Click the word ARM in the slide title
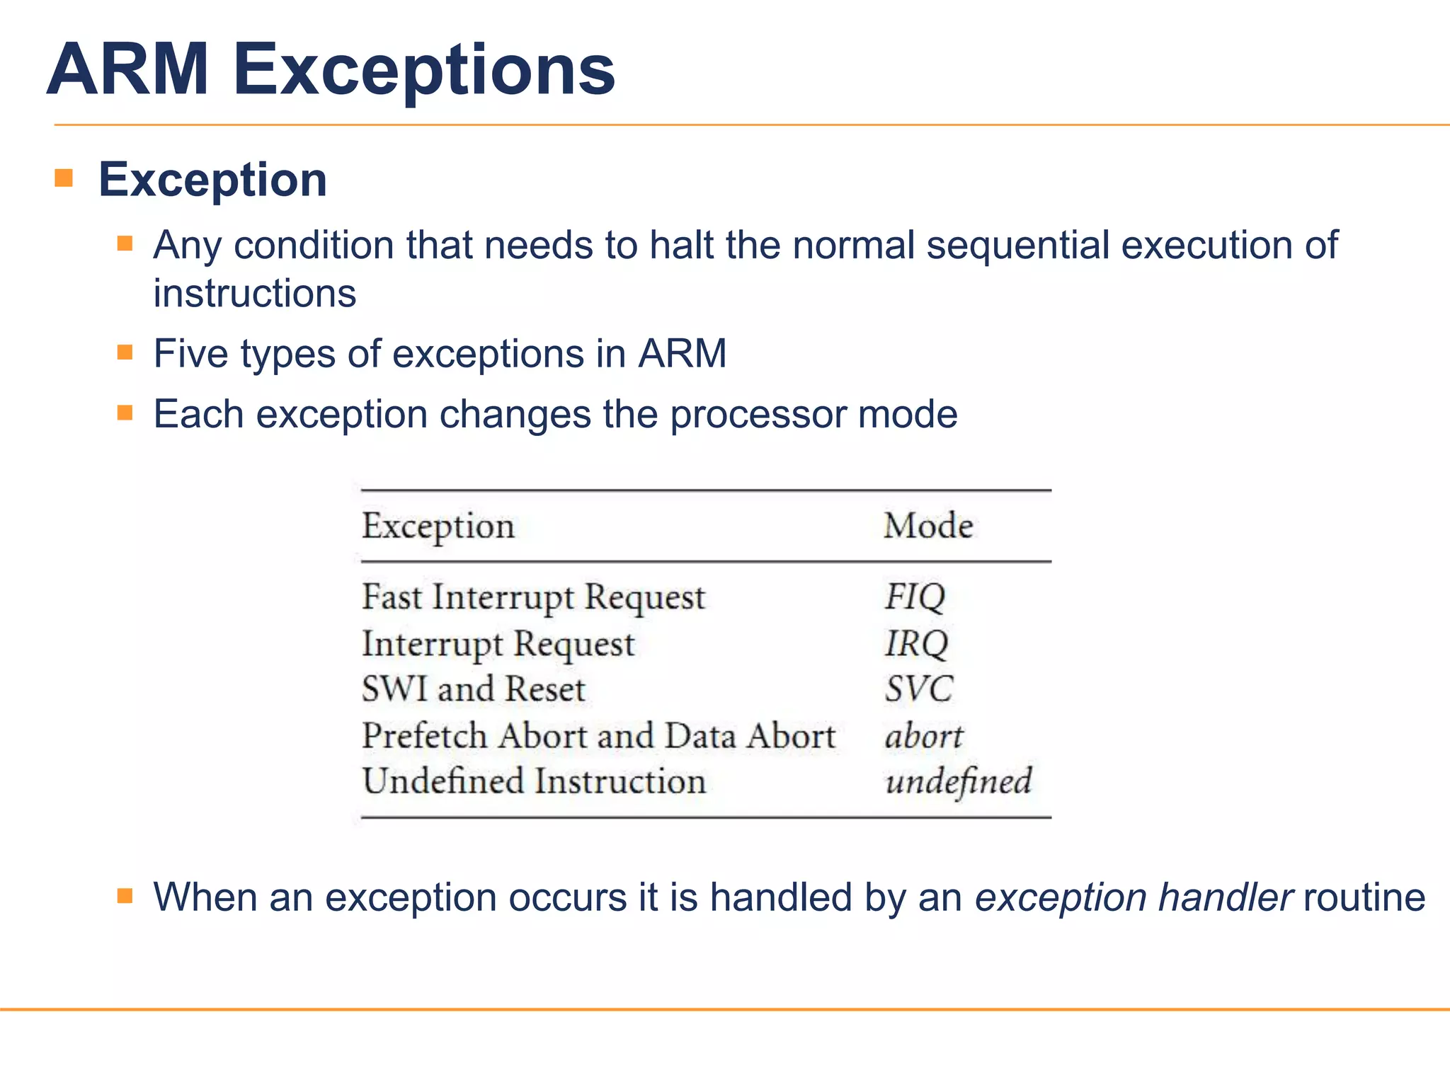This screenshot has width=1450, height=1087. (128, 70)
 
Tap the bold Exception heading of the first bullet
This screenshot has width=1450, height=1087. (212, 180)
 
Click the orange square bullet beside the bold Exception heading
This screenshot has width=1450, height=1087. (64, 178)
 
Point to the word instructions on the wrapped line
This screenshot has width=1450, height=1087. (255, 294)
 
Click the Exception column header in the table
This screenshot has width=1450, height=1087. (438, 527)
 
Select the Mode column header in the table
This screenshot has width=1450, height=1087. (928, 526)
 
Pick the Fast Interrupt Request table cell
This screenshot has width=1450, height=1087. (533, 597)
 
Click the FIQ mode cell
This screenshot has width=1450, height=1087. (915, 597)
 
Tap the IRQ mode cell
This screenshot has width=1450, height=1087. (916, 643)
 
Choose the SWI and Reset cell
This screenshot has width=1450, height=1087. (474, 689)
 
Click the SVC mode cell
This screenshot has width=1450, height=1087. (919, 689)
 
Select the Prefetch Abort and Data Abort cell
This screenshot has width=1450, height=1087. (598, 736)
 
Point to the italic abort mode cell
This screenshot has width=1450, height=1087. (924, 737)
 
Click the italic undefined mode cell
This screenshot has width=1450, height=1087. (958, 782)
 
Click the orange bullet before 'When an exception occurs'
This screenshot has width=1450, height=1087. (125, 897)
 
